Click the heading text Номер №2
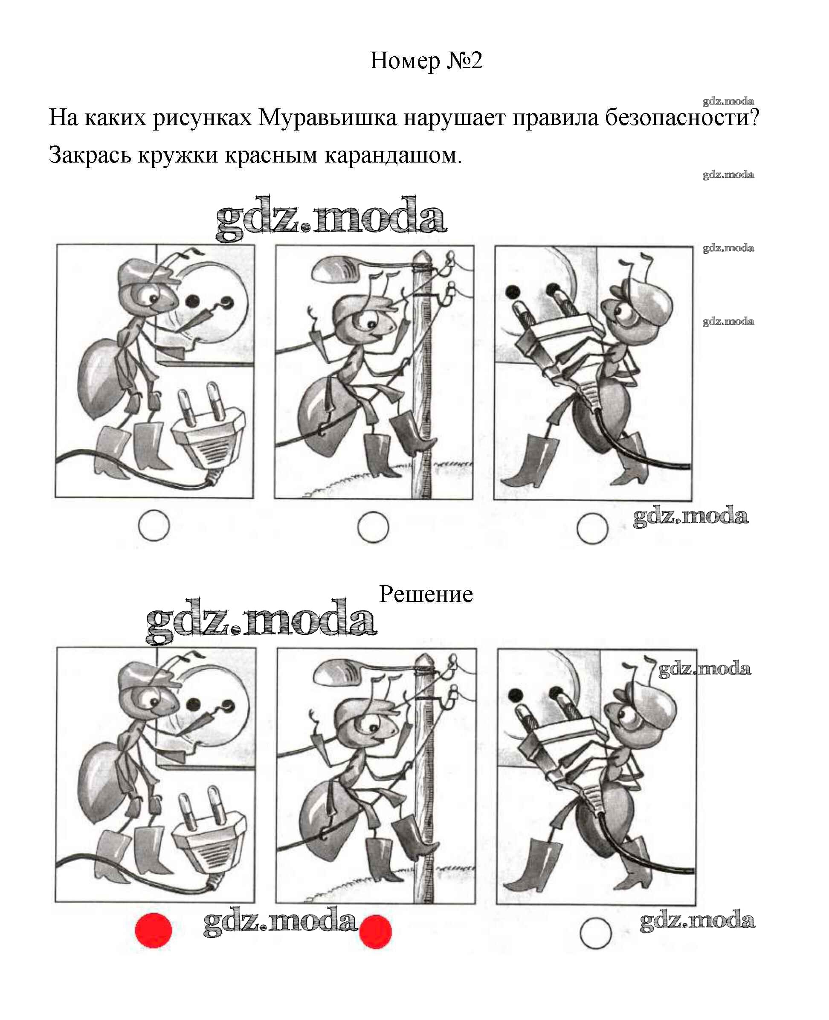[x=426, y=61]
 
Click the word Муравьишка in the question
[x=328, y=117]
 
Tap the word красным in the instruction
[x=271, y=155]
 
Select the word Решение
[x=426, y=594]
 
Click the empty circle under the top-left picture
[x=154, y=526]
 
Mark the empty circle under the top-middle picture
[x=373, y=527]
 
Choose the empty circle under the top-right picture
[x=592, y=529]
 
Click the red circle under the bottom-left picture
[x=153, y=930]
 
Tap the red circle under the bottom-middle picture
[x=375, y=932]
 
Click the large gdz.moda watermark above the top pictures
[x=331, y=218]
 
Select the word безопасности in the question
[x=682, y=117]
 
